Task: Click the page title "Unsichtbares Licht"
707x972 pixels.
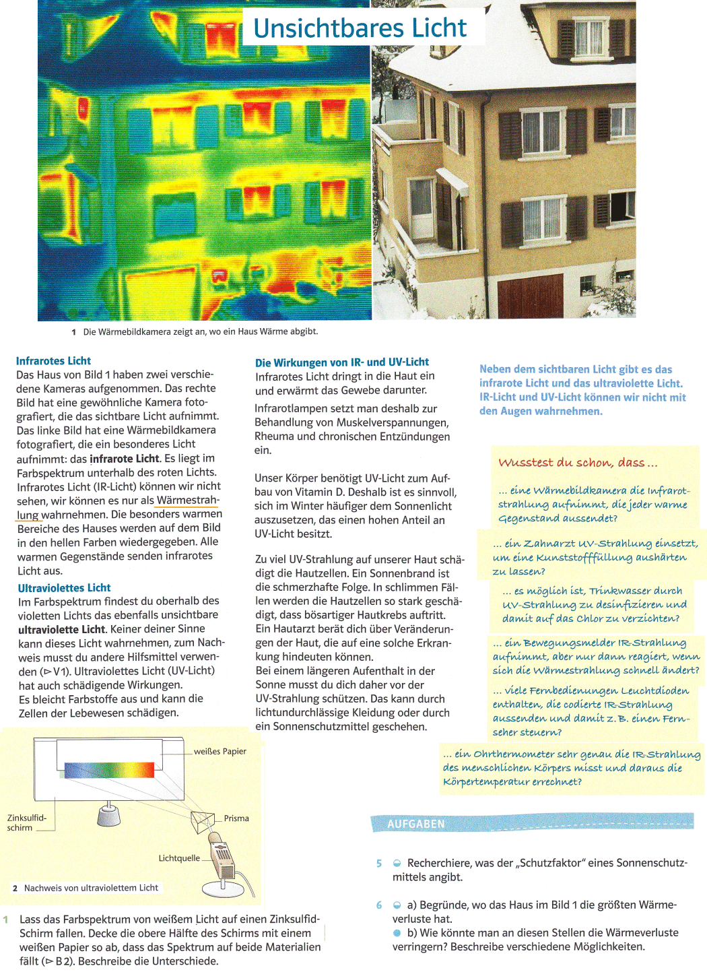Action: (x=360, y=28)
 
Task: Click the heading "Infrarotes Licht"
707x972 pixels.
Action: (x=53, y=361)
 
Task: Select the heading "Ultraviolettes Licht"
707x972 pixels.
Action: (x=64, y=587)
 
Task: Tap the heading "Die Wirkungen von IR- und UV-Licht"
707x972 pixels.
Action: (x=341, y=362)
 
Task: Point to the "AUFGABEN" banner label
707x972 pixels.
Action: (x=415, y=824)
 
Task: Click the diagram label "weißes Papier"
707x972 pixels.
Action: (x=220, y=751)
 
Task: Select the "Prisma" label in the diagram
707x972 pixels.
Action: (x=236, y=818)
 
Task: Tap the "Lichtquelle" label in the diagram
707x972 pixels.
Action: (x=178, y=858)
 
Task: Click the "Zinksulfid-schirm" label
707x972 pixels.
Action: (x=26, y=822)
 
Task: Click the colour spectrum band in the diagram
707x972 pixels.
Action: (x=110, y=770)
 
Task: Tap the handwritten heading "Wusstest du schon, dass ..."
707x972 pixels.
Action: (x=577, y=463)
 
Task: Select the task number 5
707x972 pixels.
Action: (x=379, y=864)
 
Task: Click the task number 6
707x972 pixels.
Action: (x=379, y=905)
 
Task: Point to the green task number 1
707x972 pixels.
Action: (x=6, y=919)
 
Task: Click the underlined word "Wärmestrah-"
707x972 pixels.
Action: (x=187, y=500)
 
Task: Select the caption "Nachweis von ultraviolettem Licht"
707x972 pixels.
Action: (x=91, y=888)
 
